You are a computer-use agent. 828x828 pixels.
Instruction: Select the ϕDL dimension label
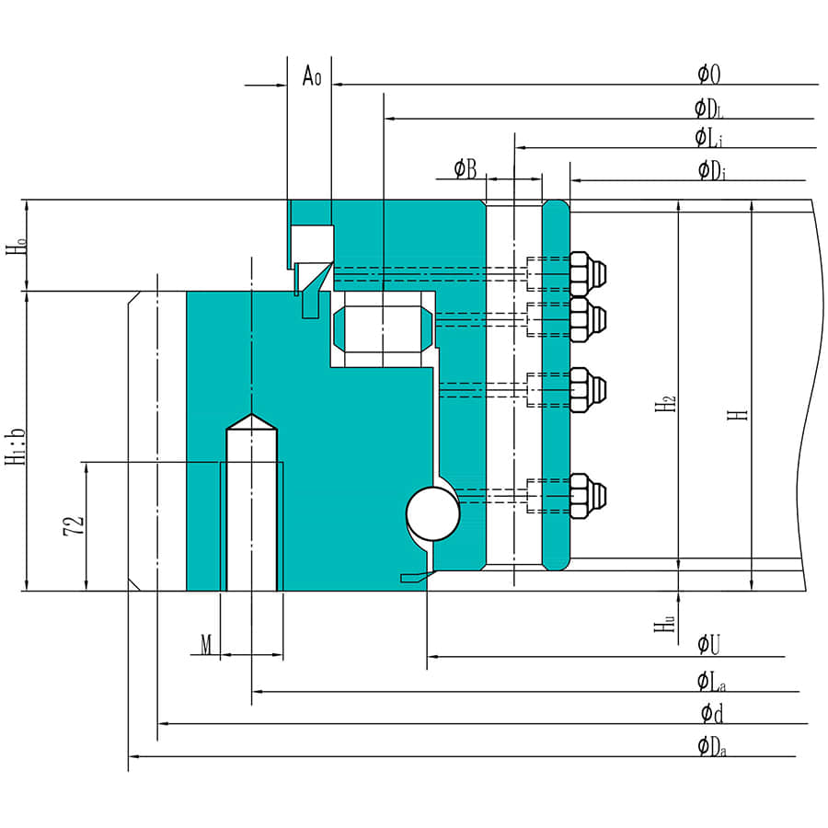pyautogui.click(x=709, y=109)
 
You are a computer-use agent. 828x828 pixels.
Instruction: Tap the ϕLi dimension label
pyautogui.click(x=709, y=138)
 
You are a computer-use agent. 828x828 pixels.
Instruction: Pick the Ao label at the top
pyautogui.click(x=312, y=76)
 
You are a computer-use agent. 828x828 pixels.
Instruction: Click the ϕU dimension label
pyautogui.click(x=708, y=645)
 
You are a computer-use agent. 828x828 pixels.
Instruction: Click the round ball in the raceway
pyautogui.click(x=432, y=513)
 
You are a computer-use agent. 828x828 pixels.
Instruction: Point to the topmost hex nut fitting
pyautogui.click(x=587, y=270)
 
